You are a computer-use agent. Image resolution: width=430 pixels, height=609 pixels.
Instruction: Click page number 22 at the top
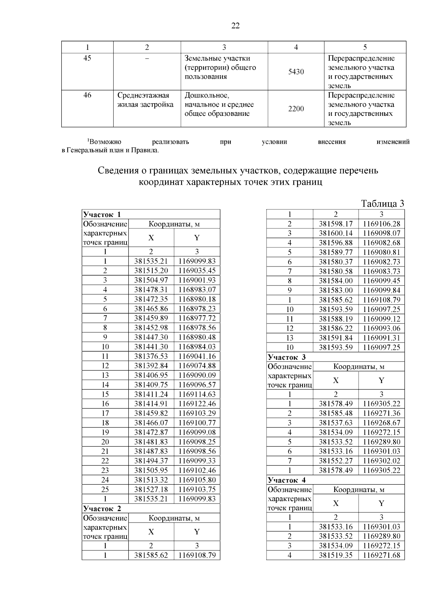[x=235, y=26]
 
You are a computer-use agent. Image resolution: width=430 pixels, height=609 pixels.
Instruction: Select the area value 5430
[x=296, y=72]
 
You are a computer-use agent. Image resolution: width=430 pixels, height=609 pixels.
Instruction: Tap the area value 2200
[x=296, y=109]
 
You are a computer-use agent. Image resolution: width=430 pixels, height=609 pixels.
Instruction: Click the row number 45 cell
[x=87, y=58]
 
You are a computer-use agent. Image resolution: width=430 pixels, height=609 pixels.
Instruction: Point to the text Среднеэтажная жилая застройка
[x=145, y=100]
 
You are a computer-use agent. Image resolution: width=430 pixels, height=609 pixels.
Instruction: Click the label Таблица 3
[x=382, y=204]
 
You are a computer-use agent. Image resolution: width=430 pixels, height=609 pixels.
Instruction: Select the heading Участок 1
[x=102, y=215]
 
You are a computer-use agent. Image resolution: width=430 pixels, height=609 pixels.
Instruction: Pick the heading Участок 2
[x=102, y=509]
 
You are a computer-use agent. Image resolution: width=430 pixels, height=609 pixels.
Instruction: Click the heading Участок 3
[x=287, y=357]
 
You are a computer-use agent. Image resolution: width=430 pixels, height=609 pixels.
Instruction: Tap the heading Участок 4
[x=287, y=480]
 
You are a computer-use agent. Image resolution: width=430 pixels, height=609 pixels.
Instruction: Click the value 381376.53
[x=151, y=357]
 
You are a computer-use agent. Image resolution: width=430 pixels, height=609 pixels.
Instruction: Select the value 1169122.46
[x=197, y=404]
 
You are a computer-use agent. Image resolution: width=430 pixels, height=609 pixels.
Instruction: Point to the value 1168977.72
[x=197, y=318]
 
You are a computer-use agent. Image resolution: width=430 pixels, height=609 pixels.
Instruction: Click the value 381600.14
[x=336, y=233]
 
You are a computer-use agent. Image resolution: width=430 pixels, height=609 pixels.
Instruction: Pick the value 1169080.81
[x=381, y=252]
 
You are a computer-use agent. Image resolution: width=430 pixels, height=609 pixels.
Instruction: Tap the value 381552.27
[x=336, y=461]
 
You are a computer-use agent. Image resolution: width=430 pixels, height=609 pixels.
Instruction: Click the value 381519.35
[x=336, y=556]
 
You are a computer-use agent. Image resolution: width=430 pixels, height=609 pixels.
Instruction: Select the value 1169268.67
[x=381, y=423]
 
